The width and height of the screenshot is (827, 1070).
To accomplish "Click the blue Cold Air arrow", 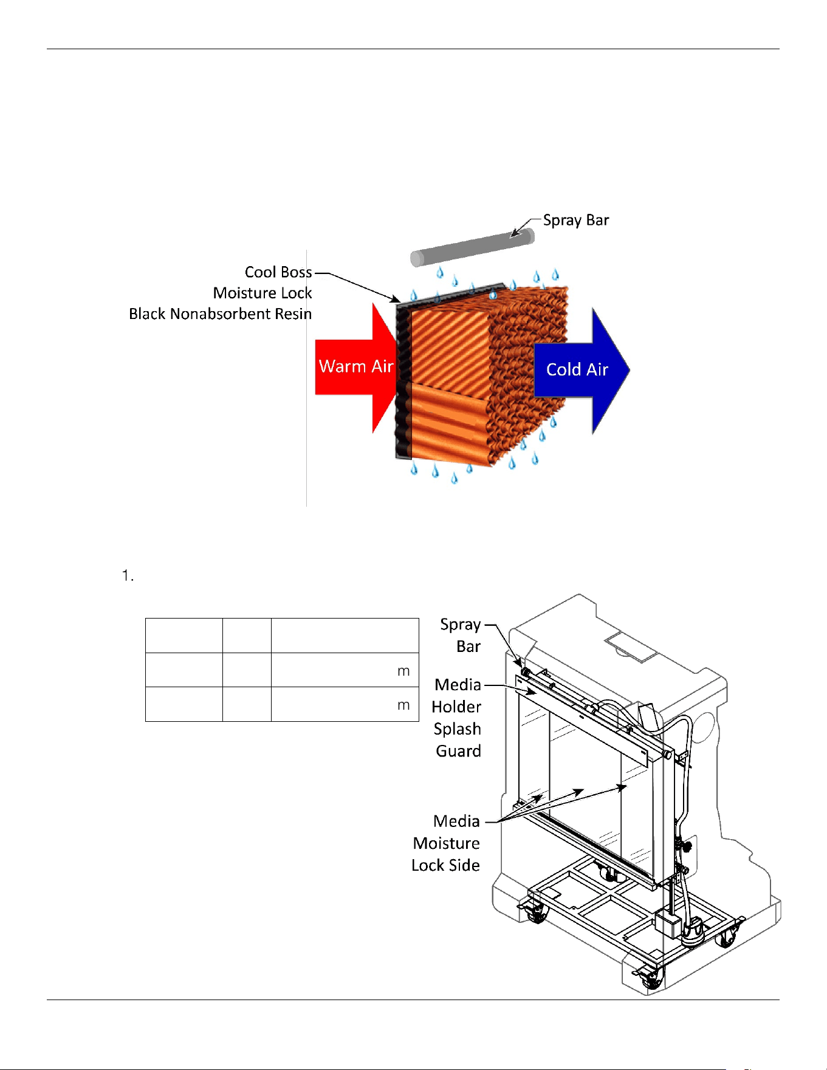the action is [x=580, y=370].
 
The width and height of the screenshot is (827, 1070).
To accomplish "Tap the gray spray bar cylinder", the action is [x=472, y=247].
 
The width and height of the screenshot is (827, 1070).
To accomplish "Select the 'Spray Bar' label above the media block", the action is [x=576, y=221].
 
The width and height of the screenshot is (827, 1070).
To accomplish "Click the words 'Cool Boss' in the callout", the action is [x=278, y=272].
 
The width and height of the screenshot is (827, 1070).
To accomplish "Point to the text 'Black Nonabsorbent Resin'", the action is [x=221, y=314].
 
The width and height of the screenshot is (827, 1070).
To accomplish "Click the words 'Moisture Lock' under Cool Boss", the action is [x=263, y=293].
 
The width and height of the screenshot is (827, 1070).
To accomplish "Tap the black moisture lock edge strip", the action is [x=403, y=380].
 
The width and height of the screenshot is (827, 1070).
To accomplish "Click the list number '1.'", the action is [x=128, y=575].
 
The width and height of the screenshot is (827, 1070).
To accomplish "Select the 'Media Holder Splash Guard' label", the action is [x=457, y=718].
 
